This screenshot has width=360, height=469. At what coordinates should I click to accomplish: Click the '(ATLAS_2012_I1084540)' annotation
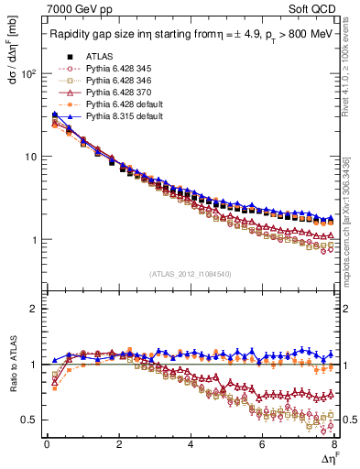point(190,273)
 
